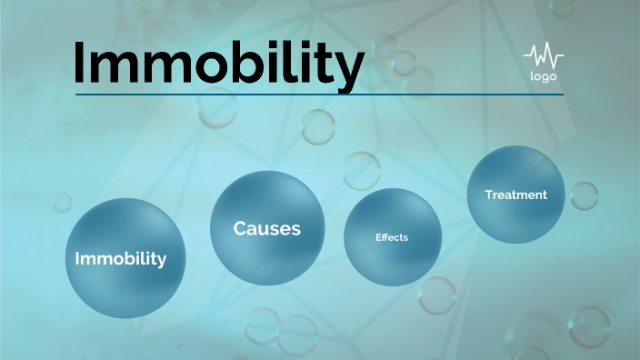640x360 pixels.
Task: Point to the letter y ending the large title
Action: coord(347,68)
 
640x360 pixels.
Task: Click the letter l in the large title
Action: coord(282,60)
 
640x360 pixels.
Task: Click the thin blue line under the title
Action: coord(318,95)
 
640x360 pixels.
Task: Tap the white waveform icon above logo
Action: coord(543,56)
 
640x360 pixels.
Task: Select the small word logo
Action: coord(543,76)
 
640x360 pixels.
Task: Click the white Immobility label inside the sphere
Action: coord(121,259)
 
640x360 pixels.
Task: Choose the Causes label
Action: coord(266,228)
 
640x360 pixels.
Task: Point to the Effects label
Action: coord(392,237)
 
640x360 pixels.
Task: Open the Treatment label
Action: coord(516,195)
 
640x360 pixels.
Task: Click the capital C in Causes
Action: coord(240,228)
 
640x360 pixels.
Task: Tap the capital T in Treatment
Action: coord(489,195)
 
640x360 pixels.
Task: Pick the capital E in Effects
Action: coord(378,237)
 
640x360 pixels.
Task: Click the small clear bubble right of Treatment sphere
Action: coord(584,195)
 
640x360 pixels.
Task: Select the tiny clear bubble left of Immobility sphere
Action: coord(62,202)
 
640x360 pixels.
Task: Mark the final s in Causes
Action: coord(295,229)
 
